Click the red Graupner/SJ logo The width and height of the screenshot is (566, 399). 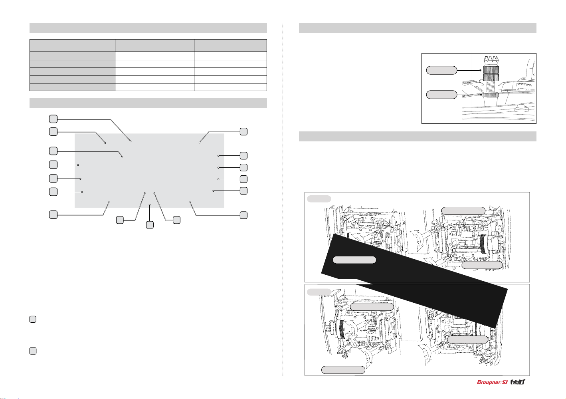coord(492,382)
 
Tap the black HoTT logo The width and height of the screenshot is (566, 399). coord(517,382)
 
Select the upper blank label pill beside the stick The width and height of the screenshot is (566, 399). coord(441,70)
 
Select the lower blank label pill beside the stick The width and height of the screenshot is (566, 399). coord(441,95)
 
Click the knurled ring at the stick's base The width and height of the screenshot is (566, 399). coord(491,95)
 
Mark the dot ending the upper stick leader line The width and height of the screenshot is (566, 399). coord(481,70)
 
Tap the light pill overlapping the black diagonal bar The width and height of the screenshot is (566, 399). coord(354,260)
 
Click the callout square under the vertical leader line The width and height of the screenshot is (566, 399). coord(150,225)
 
